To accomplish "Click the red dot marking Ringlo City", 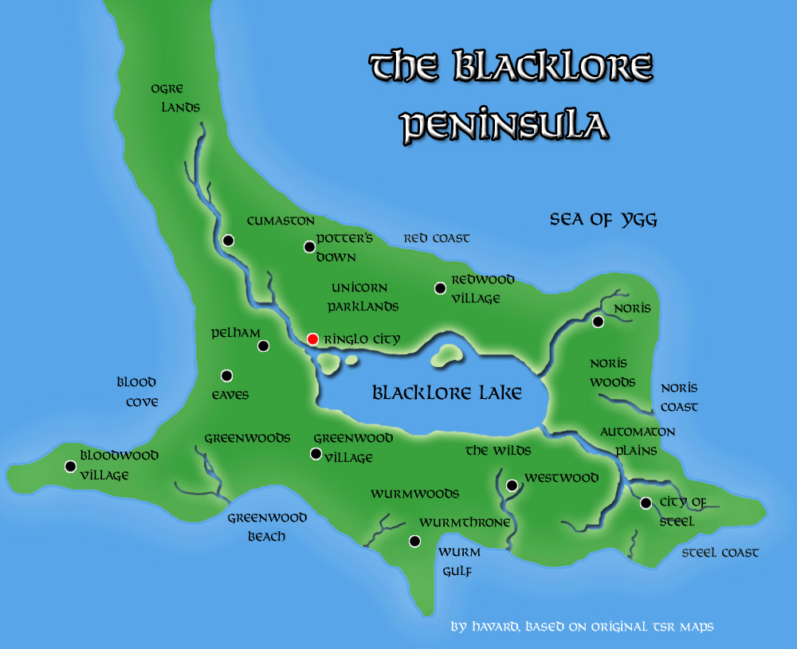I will pyautogui.click(x=312, y=338).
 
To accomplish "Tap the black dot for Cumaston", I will pyautogui.click(x=228, y=240).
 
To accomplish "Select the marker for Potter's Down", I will pyautogui.click(x=309, y=247).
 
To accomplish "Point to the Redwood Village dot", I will pyautogui.click(x=439, y=288).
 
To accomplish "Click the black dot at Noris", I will pyautogui.click(x=598, y=321).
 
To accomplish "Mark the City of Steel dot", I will pyautogui.click(x=646, y=502).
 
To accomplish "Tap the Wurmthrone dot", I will pyautogui.click(x=414, y=541).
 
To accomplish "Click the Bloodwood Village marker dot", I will pyautogui.click(x=70, y=466).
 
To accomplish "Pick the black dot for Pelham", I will pyautogui.click(x=263, y=346).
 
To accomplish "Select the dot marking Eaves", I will pyautogui.click(x=227, y=375).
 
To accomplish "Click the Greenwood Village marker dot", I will pyautogui.click(x=316, y=454).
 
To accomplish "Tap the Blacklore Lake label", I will pyautogui.click(x=447, y=393).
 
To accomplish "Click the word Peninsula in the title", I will pyautogui.click(x=504, y=126).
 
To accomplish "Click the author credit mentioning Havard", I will pyautogui.click(x=582, y=627).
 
